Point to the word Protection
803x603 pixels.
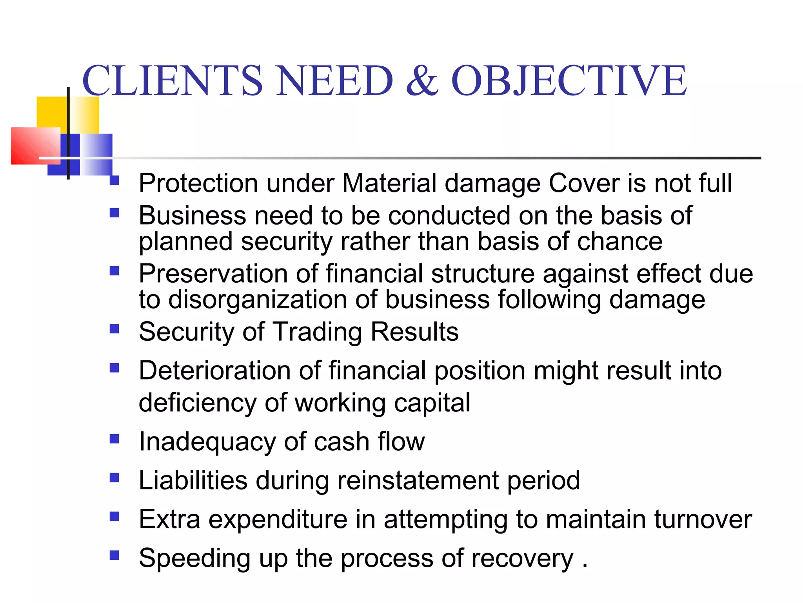[198, 183]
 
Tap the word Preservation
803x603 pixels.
[213, 274]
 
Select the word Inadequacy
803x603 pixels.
[207, 442]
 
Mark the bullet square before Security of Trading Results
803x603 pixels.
[114, 329]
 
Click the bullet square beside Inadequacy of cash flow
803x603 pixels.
[114, 439]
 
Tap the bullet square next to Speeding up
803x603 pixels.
[114, 555]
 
